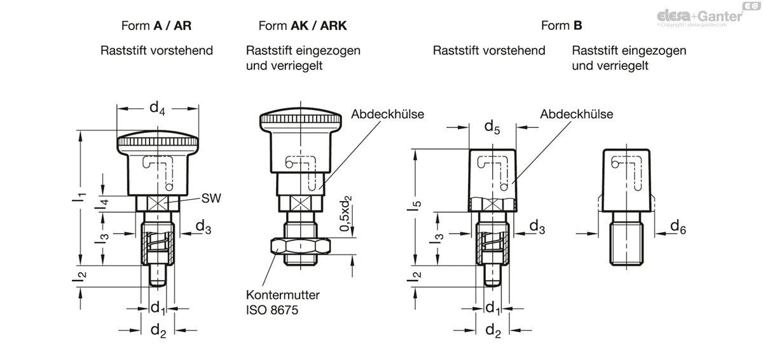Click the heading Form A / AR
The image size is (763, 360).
156,26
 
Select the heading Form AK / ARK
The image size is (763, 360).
303,26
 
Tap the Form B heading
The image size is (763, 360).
561,26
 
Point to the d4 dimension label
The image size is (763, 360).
158,109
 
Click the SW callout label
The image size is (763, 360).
211,198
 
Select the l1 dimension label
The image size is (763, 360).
79,197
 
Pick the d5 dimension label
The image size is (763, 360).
492,127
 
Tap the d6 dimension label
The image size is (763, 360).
678,227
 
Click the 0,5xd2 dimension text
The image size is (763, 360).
346,214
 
